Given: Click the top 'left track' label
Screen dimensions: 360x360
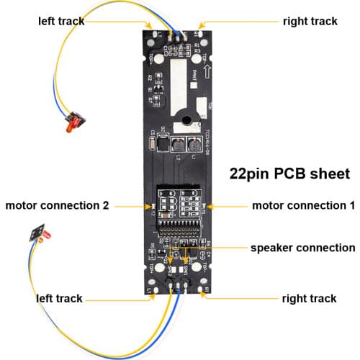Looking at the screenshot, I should click(61, 21).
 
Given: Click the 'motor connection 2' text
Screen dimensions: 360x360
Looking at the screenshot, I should click(57, 205).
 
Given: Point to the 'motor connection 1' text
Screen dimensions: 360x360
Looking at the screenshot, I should click(303, 205).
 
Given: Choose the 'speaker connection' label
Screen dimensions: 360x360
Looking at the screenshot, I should click(302, 248).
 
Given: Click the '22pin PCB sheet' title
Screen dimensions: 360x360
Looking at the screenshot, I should click(289, 174).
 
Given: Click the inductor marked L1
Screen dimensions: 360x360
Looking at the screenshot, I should click(193, 145).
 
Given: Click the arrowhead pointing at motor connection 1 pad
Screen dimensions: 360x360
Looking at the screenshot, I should click(209, 205).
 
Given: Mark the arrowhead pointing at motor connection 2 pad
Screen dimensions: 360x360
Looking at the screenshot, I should click(149, 205).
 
